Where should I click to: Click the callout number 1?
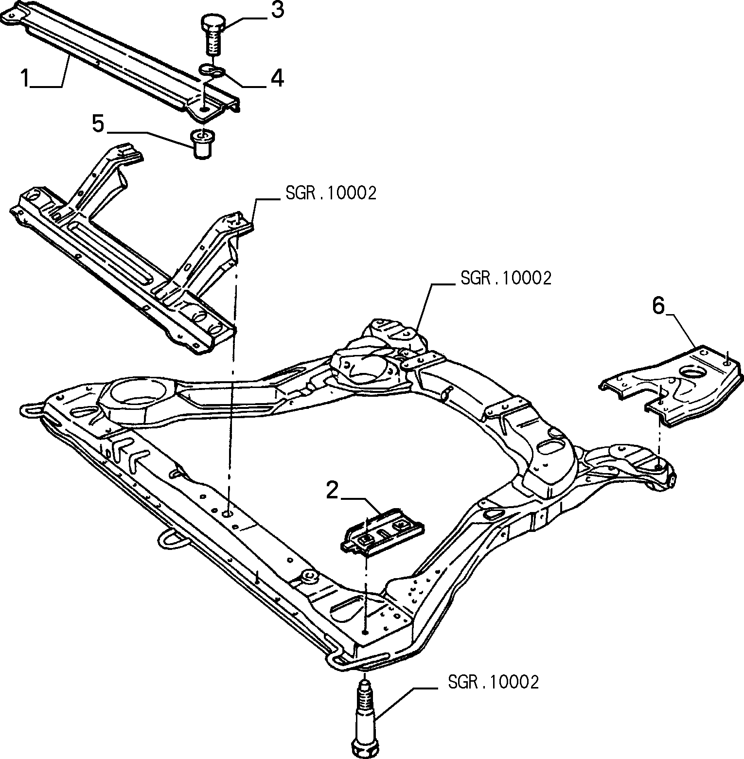point(25,78)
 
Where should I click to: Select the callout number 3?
point(277,10)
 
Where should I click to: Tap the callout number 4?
point(277,78)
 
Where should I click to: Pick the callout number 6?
point(657,306)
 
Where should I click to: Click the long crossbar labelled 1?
point(122,59)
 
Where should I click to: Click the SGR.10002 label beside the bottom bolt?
point(493,682)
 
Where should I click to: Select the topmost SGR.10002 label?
point(331,194)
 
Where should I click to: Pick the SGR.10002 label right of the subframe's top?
point(505,279)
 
